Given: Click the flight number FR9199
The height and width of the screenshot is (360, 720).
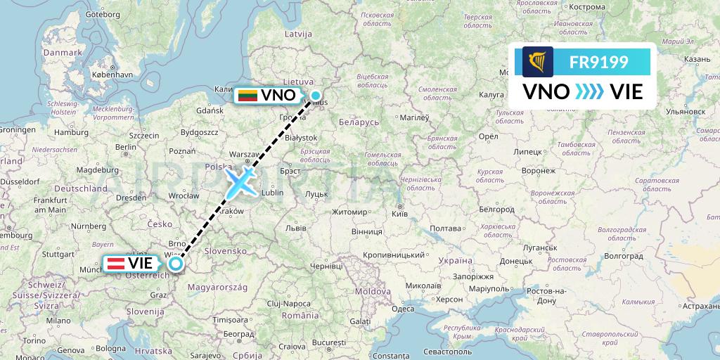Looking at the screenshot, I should click(x=599, y=63).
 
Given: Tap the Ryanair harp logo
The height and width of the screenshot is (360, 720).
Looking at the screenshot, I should click(x=538, y=63).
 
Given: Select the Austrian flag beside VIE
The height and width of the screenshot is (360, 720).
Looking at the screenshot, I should click(x=116, y=264).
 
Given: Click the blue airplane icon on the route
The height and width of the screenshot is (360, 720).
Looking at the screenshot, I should click(x=240, y=183).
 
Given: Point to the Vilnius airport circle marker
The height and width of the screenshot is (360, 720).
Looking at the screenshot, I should click(x=316, y=96).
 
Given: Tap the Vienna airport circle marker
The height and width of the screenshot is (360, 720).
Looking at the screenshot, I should click(x=175, y=264).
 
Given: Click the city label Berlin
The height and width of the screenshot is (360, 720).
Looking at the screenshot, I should click(x=127, y=147).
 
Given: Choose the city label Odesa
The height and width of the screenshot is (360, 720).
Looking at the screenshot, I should click(x=403, y=309).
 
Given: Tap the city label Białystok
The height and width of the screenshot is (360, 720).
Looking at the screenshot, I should click(x=303, y=138).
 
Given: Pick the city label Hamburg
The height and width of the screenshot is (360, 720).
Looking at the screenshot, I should click(x=71, y=131).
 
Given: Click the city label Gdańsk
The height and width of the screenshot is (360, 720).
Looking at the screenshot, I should click(x=210, y=110).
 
